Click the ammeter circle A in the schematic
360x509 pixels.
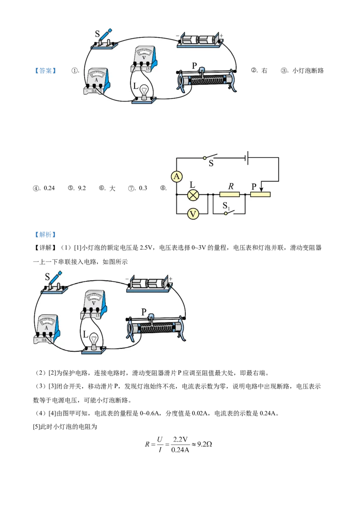176,177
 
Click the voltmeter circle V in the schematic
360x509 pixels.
193,214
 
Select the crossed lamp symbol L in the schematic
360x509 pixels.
193,195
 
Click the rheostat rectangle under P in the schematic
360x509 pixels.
261,195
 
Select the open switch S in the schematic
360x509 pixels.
210,157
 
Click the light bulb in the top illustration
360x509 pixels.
144,91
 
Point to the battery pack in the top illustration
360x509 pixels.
200,40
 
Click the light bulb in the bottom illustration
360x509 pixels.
94,340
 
